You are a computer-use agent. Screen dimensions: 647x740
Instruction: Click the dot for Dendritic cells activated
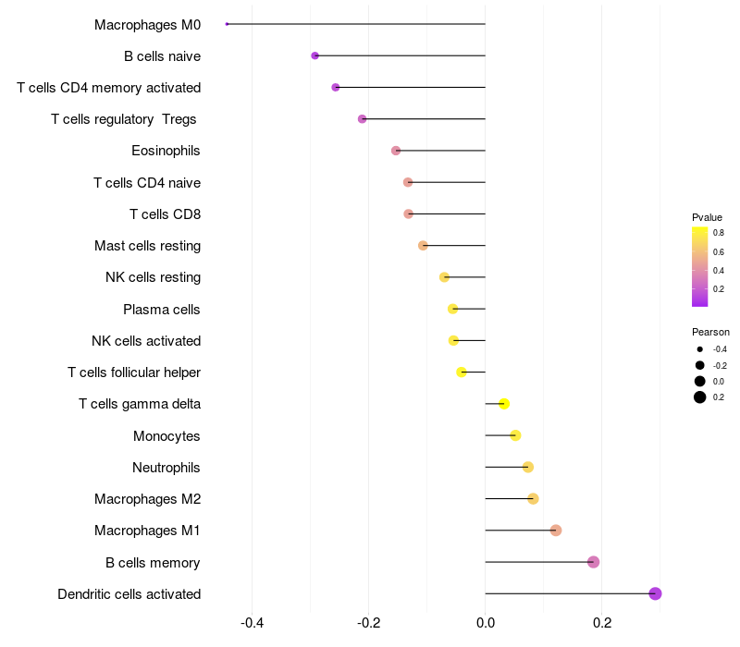655,593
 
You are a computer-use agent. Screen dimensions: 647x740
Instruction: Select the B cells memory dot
593,562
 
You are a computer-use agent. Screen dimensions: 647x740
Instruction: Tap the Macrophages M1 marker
556,531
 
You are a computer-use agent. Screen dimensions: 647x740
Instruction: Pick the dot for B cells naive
314,55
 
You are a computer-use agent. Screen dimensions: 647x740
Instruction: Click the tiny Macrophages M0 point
227,24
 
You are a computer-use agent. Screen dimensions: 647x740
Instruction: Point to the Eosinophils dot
396,151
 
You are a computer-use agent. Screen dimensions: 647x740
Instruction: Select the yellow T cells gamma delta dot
504,404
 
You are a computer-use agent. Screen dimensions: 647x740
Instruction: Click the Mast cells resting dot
423,245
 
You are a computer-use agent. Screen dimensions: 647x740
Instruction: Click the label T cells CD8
165,214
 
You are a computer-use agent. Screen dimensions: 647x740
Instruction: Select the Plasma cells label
162,310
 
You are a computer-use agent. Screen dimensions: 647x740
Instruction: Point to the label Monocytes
166,436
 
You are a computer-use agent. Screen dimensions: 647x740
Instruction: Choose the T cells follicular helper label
134,372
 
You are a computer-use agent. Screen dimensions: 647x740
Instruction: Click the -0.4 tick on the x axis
253,622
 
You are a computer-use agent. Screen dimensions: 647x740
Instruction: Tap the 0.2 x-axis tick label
601,622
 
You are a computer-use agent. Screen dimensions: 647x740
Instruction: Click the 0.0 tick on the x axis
485,622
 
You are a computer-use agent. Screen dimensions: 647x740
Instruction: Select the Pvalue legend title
707,217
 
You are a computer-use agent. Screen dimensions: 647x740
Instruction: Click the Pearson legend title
710,332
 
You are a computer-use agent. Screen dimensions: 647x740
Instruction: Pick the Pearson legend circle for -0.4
700,349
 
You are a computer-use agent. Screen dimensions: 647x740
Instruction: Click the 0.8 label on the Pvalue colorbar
719,233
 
